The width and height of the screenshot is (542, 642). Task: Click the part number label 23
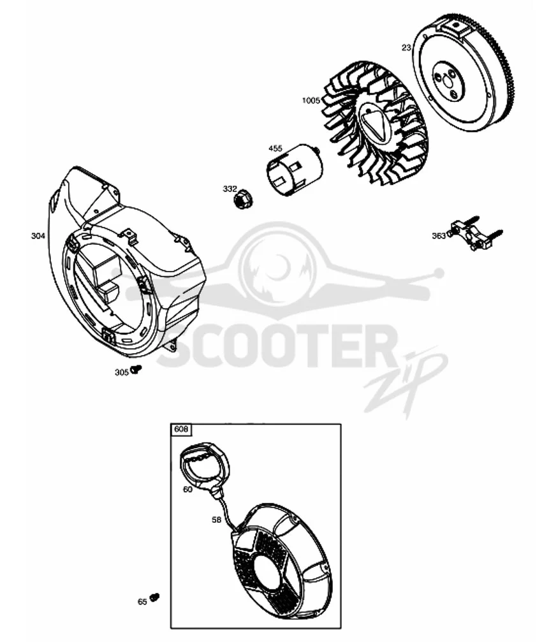pyautogui.click(x=406, y=48)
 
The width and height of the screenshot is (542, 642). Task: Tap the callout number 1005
pyautogui.click(x=311, y=100)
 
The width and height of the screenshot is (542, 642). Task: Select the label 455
pyautogui.click(x=275, y=148)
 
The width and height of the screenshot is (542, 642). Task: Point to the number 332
pyautogui.click(x=230, y=189)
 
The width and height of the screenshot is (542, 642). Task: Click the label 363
pyautogui.click(x=439, y=236)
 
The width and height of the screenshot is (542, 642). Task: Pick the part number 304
pyautogui.click(x=38, y=235)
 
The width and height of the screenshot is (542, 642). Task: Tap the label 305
pyautogui.click(x=122, y=372)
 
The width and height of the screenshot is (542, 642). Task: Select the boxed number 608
pyautogui.click(x=181, y=429)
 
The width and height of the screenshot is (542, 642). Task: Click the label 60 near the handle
pyautogui.click(x=187, y=489)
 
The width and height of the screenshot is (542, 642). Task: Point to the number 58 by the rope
pyautogui.click(x=217, y=520)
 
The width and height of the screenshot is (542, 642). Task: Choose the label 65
pyautogui.click(x=142, y=602)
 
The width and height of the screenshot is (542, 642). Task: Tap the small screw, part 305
pyautogui.click(x=136, y=369)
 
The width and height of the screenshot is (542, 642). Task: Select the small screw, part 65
pyautogui.click(x=155, y=597)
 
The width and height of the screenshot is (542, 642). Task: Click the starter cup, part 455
pyautogui.click(x=294, y=170)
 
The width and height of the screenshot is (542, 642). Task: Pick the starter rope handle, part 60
pyautogui.click(x=205, y=466)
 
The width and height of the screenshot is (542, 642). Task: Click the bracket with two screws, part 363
pyautogui.click(x=475, y=233)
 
